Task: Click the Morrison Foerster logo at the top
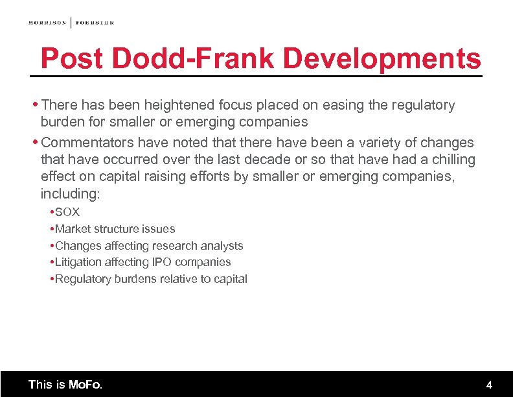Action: click(x=71, y=23)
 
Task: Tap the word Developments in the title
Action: click(x=382, y=59)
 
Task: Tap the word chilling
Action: click(x=453, y=160)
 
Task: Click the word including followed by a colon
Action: click(x=70, y=194)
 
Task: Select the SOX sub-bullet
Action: click(x=67, y=212)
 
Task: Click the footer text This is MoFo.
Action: click(x=65, y=385)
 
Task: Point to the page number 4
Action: click(x=489, y=385)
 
